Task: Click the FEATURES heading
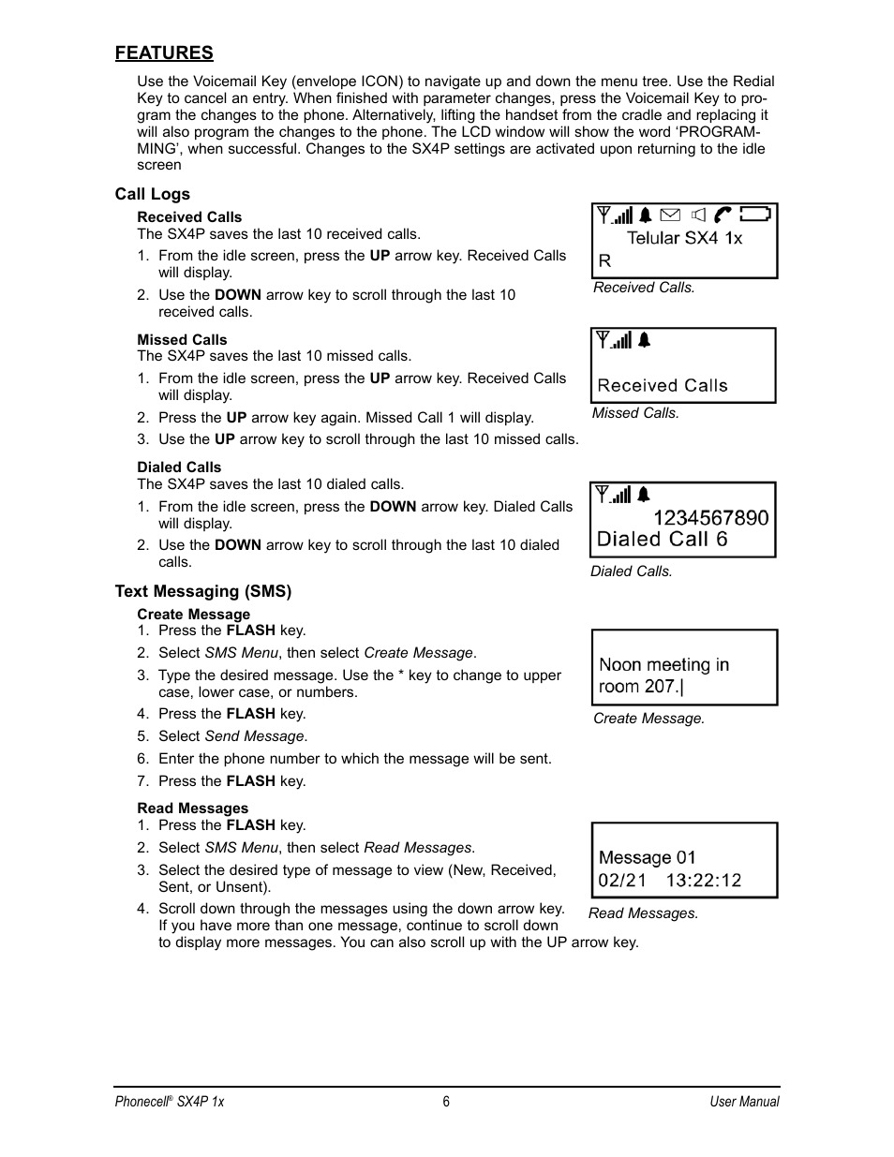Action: pos(164,53)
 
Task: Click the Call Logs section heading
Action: pos(152,194)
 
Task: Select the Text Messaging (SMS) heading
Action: pos(202,591)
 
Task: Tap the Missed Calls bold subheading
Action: pos(182,340)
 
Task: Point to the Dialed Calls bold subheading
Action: pos(179,467)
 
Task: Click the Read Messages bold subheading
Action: pos(192,808)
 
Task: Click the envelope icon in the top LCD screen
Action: pos(669,215)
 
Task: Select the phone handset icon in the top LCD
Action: pos(723,215)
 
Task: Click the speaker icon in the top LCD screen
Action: pos(696,215)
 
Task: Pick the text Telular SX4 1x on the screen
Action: pos(684,238)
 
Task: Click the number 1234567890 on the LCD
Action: pos(710,518)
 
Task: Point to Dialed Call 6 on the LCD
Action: pos(662,540)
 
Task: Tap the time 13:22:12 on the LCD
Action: pos(703,881)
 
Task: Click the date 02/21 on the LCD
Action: pos(622,881)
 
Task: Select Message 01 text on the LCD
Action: pos(647,857)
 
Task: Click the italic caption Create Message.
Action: pos(648,719)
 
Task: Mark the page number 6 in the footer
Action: pos(446,1102)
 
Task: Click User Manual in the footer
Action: pos(744,1102)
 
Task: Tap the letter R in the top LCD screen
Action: pos(604,261)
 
